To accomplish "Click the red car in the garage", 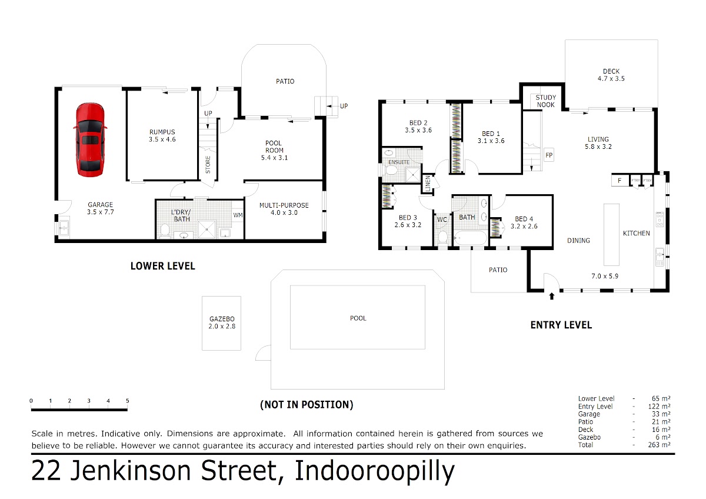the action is coord(90,139).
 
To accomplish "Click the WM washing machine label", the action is coord(238,215).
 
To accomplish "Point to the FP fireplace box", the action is coord(549,155).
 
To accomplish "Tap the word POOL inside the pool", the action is coord(358,318).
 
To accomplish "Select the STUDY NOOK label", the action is coord(545,101).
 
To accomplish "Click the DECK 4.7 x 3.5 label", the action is coord(611,75).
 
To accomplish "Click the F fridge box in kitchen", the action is coord(620,181).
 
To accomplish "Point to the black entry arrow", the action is coord(552,296).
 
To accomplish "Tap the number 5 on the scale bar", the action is coord(127,401).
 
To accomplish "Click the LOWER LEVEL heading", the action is coord(162,266).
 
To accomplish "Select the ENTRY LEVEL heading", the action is coord(561,325).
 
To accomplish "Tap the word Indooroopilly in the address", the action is coord(374,471).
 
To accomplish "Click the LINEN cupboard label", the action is coord(427,184).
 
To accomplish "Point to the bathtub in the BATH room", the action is coord(470,238).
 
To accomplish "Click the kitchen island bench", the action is coord(611,235).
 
